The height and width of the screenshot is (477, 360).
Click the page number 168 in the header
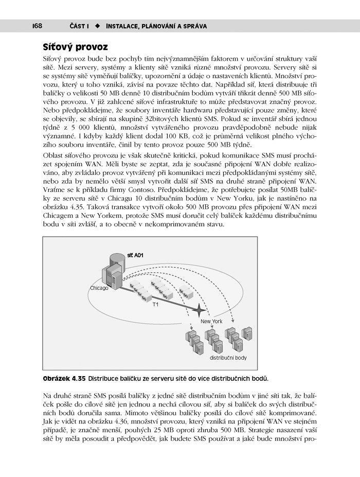tap(35, 26)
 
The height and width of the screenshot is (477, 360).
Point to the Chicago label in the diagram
tap(99, 288)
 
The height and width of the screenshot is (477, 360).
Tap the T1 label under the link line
tap(156, 305)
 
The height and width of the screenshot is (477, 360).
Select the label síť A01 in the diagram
tap(136, 256)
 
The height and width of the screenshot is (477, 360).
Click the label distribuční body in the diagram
tap(227, 358)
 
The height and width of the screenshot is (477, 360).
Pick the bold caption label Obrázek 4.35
tap(64, 379)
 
